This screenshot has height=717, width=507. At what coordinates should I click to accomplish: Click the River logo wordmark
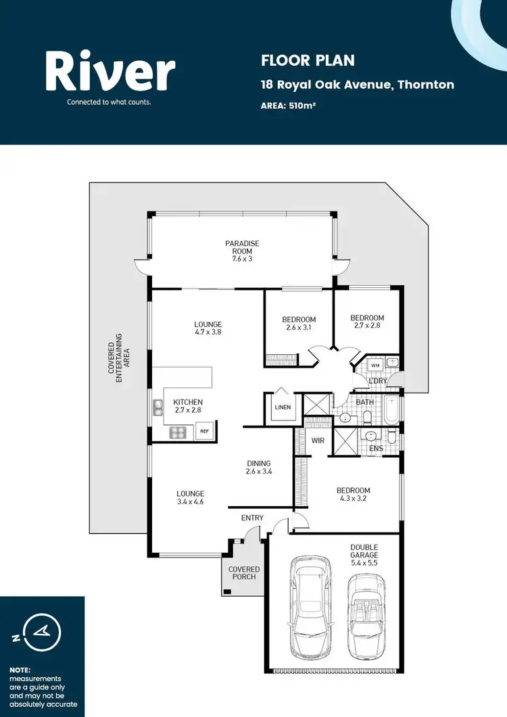point(110,72)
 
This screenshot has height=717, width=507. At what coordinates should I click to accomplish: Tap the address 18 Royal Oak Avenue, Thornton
point(358,84)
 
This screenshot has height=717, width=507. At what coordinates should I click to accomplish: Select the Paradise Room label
point(242,251)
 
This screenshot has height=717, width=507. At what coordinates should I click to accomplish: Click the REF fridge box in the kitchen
point(203,430)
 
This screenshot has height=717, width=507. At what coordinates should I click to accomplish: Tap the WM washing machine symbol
point(375,365)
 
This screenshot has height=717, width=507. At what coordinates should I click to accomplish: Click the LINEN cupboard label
point(282,407)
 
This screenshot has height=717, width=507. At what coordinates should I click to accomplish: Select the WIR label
point(318,441)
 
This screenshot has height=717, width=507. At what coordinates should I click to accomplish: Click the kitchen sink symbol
point(158,406)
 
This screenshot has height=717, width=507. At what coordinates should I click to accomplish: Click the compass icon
point(42,633)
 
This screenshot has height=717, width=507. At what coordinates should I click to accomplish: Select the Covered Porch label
point(243,573)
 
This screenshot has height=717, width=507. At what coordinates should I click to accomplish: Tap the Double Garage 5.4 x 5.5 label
point(364,554)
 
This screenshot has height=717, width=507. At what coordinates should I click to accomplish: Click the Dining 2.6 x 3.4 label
point(258,468)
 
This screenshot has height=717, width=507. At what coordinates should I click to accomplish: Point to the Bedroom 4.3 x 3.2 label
point(354,495)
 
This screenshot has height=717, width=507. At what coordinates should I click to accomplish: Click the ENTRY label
point(252,518)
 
